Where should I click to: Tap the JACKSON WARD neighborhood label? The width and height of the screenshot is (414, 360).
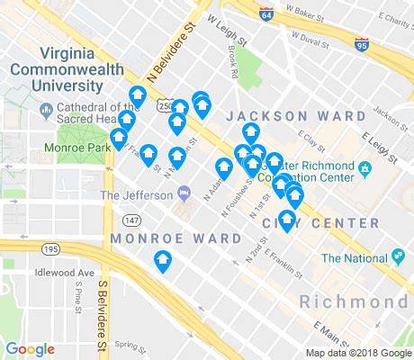283,116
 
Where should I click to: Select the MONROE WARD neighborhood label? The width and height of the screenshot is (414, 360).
175,238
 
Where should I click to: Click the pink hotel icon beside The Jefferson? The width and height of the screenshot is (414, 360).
184,192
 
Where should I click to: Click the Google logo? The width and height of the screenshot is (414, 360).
30,349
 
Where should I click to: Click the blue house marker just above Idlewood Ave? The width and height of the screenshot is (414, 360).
163,262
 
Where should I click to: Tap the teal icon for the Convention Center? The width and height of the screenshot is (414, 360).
365,169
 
